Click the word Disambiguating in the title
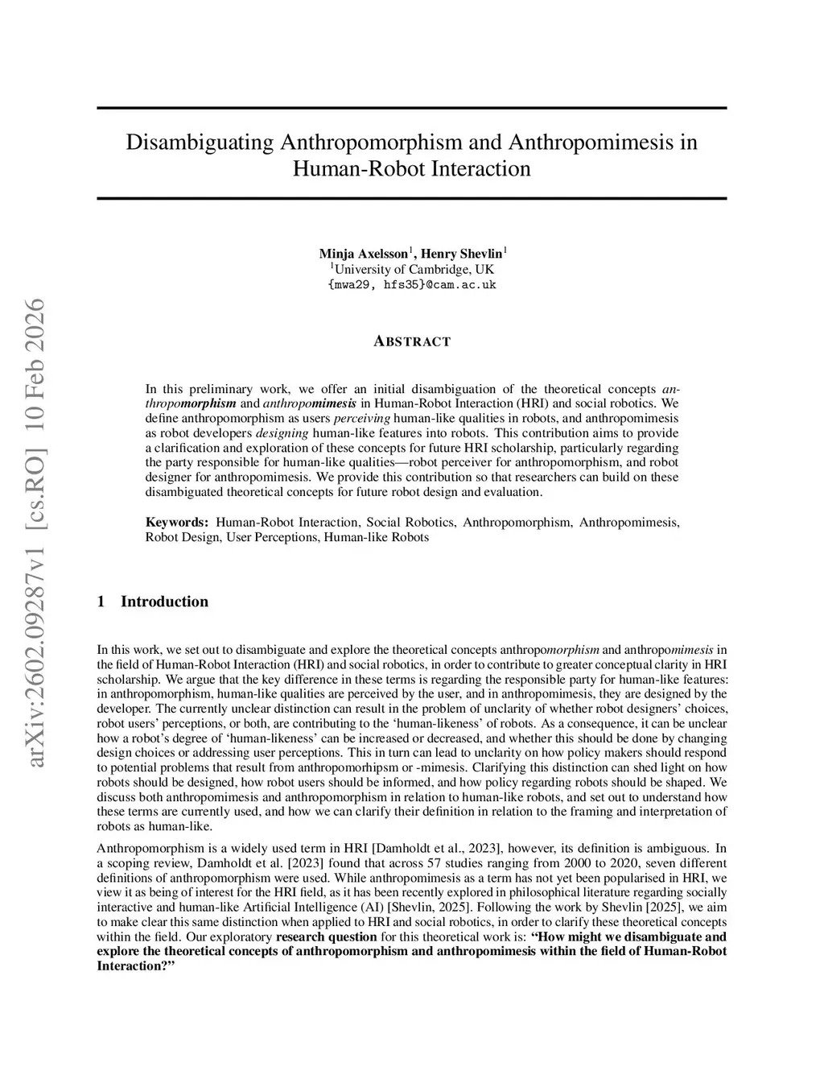[x=200, y=143]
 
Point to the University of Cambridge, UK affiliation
[x=412, y=269]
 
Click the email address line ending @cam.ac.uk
[x=412, y=284]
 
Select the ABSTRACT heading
[x=412, y=341]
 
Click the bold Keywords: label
[x=177, y=523]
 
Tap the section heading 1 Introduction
[x=153, y=602]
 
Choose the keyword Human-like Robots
[x=376, y=537]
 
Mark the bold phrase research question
[x=326, y=937]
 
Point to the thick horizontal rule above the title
[x=412, y=108]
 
